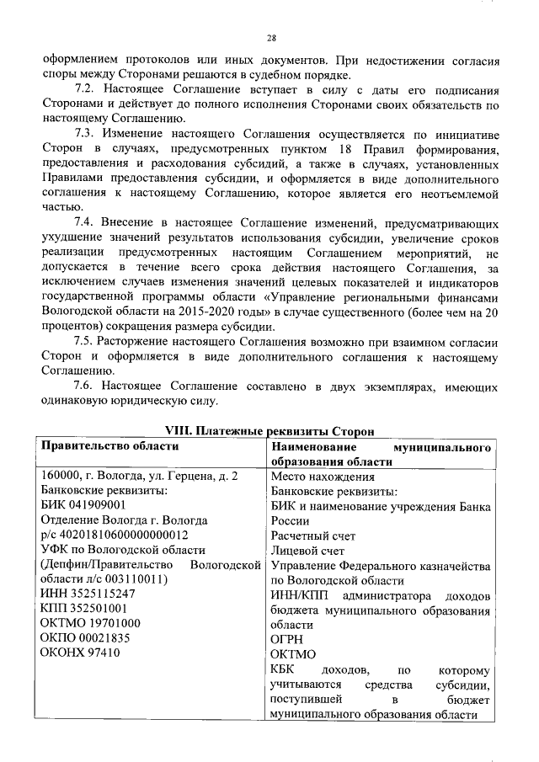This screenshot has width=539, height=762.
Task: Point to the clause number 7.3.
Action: (x=85, y=134)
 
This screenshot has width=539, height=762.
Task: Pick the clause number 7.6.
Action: (x=85, y=386)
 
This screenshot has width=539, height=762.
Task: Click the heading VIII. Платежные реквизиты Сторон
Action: (x=269, y=431)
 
